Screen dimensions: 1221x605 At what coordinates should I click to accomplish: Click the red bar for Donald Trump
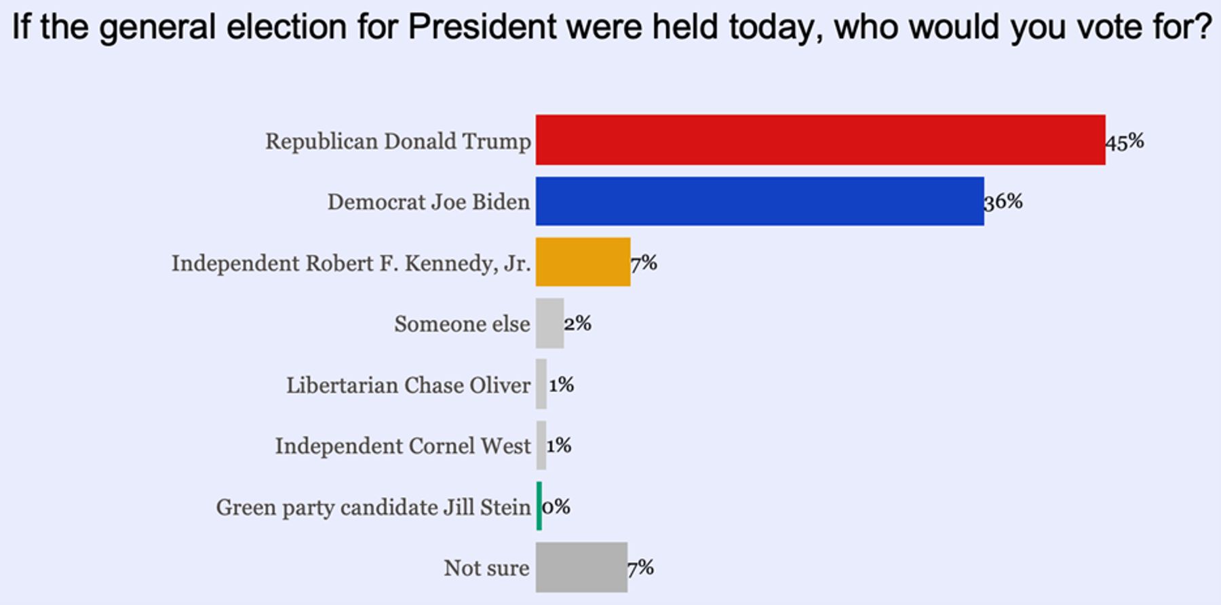pyautogui.click(x=820, y=140)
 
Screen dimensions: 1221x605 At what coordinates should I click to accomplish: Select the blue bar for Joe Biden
pyautogui.click(x=760, y=201)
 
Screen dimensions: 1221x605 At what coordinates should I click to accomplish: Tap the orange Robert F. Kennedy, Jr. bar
pyautogui.click(x=583, y=262)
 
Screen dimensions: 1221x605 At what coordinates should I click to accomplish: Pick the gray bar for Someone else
pyautogui.click(x=549, y=323)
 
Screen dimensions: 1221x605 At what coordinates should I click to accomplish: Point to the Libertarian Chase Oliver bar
pyautogui.click(x=541, y=384)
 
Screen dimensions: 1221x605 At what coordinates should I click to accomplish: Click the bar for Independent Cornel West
pyautogui.click(x=541, y=445)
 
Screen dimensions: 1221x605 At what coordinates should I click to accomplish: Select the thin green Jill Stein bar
pyautogui.click(x=539, y=506)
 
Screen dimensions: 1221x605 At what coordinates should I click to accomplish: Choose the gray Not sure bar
pyautogui.click(x=581, y=567)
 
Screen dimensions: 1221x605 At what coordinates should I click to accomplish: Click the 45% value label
pyautogui.click(x=1125, y=141)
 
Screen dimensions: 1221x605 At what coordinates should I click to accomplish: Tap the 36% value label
pyautogui.click(x=1003, y=201)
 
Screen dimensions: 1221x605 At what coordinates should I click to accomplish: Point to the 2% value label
pyautogui.click(x=577, y=324)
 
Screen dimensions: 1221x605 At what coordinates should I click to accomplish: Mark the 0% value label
pyautogui.click(x=556, y=507)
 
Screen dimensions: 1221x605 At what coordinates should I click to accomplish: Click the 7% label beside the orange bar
pyautogui.click(x=644, y=262)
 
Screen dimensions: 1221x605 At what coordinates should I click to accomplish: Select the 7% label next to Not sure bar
pyautogui.click(x=640, y=568)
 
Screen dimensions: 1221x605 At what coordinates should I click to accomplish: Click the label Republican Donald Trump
pyautogui.click(x=398, y=141)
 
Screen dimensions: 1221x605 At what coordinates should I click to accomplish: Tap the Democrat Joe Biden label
pyautogui.click(x=429, y=201)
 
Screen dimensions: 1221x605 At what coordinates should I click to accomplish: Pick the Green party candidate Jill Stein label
pyautogui.click(x=373, y=507)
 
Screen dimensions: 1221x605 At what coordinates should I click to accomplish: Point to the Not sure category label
pyautogui.click(x=486, y=568)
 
